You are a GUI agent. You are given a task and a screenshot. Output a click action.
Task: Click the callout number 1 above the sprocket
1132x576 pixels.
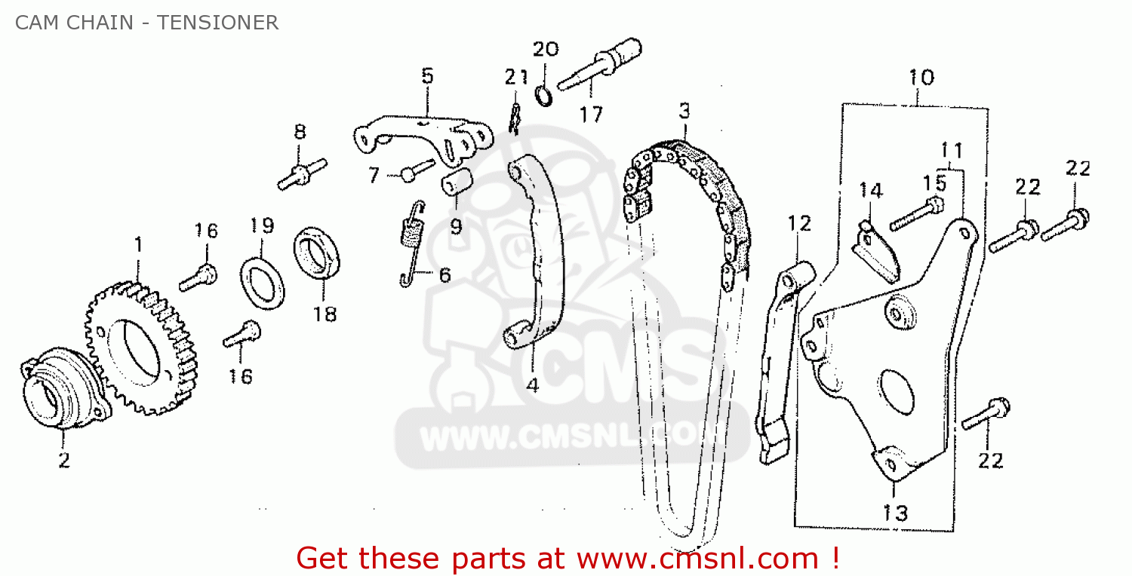point(138,244)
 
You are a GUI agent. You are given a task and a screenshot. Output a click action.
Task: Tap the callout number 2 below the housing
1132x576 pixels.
point(64,459)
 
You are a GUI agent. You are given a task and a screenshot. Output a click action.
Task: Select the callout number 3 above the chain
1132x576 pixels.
point(684,112)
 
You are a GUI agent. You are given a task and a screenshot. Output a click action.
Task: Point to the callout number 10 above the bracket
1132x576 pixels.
point(921,77)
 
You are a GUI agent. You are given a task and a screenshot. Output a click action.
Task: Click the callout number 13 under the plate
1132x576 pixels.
point(896,513)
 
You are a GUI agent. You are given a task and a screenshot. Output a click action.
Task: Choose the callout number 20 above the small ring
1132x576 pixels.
point(546,50)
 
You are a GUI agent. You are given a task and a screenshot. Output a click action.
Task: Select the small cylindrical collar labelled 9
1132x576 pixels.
point(456,184)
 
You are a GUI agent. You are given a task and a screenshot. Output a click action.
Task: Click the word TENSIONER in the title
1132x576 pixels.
point(218,23)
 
